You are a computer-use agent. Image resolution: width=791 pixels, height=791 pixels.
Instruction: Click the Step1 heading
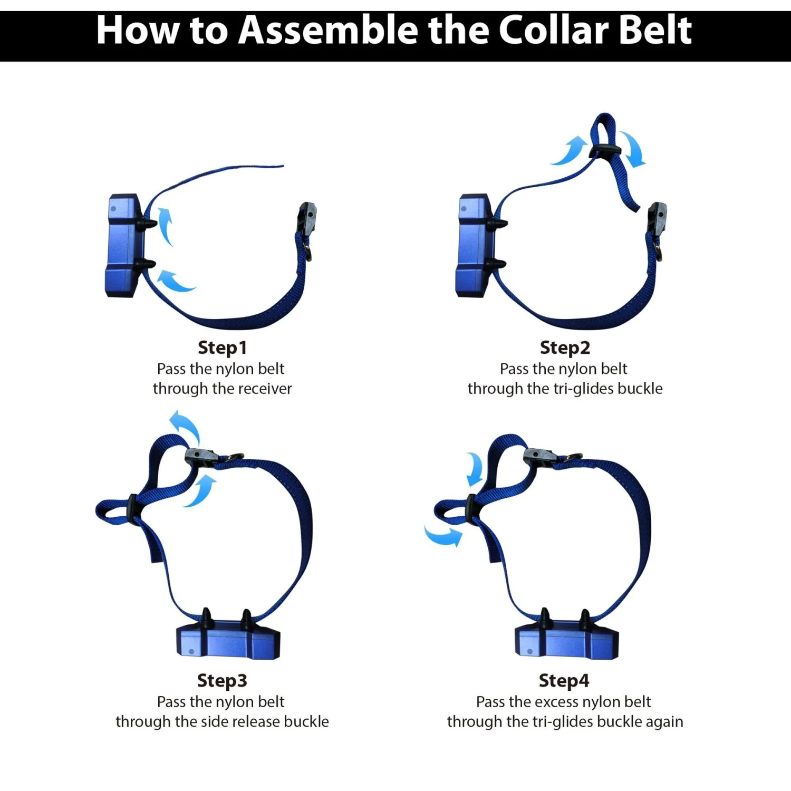(222, 348)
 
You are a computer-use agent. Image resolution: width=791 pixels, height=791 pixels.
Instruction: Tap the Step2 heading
(565, 348)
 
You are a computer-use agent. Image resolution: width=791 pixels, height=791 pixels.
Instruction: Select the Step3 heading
(222, 681)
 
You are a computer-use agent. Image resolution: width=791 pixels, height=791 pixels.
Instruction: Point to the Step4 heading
(564, 681)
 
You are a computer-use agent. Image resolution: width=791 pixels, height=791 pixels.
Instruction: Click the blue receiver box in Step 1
(124, 246)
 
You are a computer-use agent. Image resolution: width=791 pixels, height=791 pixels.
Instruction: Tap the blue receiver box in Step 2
(475, 246)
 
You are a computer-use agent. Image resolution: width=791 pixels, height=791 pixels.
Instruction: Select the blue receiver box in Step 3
(228, 641)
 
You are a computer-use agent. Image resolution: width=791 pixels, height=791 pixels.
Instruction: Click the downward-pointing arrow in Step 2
(633, 149)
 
